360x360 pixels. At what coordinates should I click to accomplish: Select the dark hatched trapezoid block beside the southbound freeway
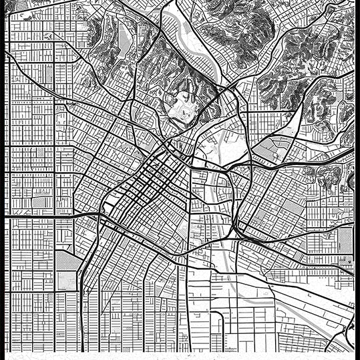67,260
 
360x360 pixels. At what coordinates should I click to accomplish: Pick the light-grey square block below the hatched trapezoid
67,281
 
